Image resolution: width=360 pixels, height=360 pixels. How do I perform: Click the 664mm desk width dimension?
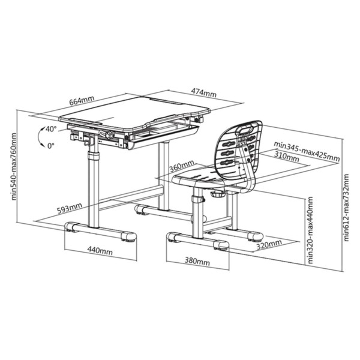pos(82,100)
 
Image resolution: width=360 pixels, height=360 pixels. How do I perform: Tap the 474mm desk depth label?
pos(203,93)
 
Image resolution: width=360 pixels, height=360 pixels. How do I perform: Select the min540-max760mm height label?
pos(14,166)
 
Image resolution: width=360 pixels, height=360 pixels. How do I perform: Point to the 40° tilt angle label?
pos(51,129)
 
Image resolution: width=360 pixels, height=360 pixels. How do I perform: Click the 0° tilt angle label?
pos(51,146)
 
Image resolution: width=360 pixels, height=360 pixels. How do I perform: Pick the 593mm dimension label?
pos(70,208)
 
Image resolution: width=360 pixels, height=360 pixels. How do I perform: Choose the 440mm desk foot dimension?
pos(100,250)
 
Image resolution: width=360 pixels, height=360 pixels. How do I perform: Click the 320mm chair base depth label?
pos(269,245)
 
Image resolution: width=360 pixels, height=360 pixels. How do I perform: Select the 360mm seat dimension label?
pos(182,166)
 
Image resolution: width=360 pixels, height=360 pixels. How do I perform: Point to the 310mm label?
pos(287,157)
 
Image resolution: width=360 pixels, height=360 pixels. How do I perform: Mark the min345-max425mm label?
pos(307,151)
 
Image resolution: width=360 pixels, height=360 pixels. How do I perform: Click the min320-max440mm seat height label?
pos(310,230)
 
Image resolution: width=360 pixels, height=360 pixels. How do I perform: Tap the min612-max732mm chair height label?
pos(346,208)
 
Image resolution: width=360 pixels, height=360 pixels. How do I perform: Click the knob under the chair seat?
pos(217,194)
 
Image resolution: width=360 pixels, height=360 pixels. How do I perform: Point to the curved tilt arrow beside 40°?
pos(39,136)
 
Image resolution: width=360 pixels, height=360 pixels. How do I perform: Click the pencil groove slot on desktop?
pos(166,101)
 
